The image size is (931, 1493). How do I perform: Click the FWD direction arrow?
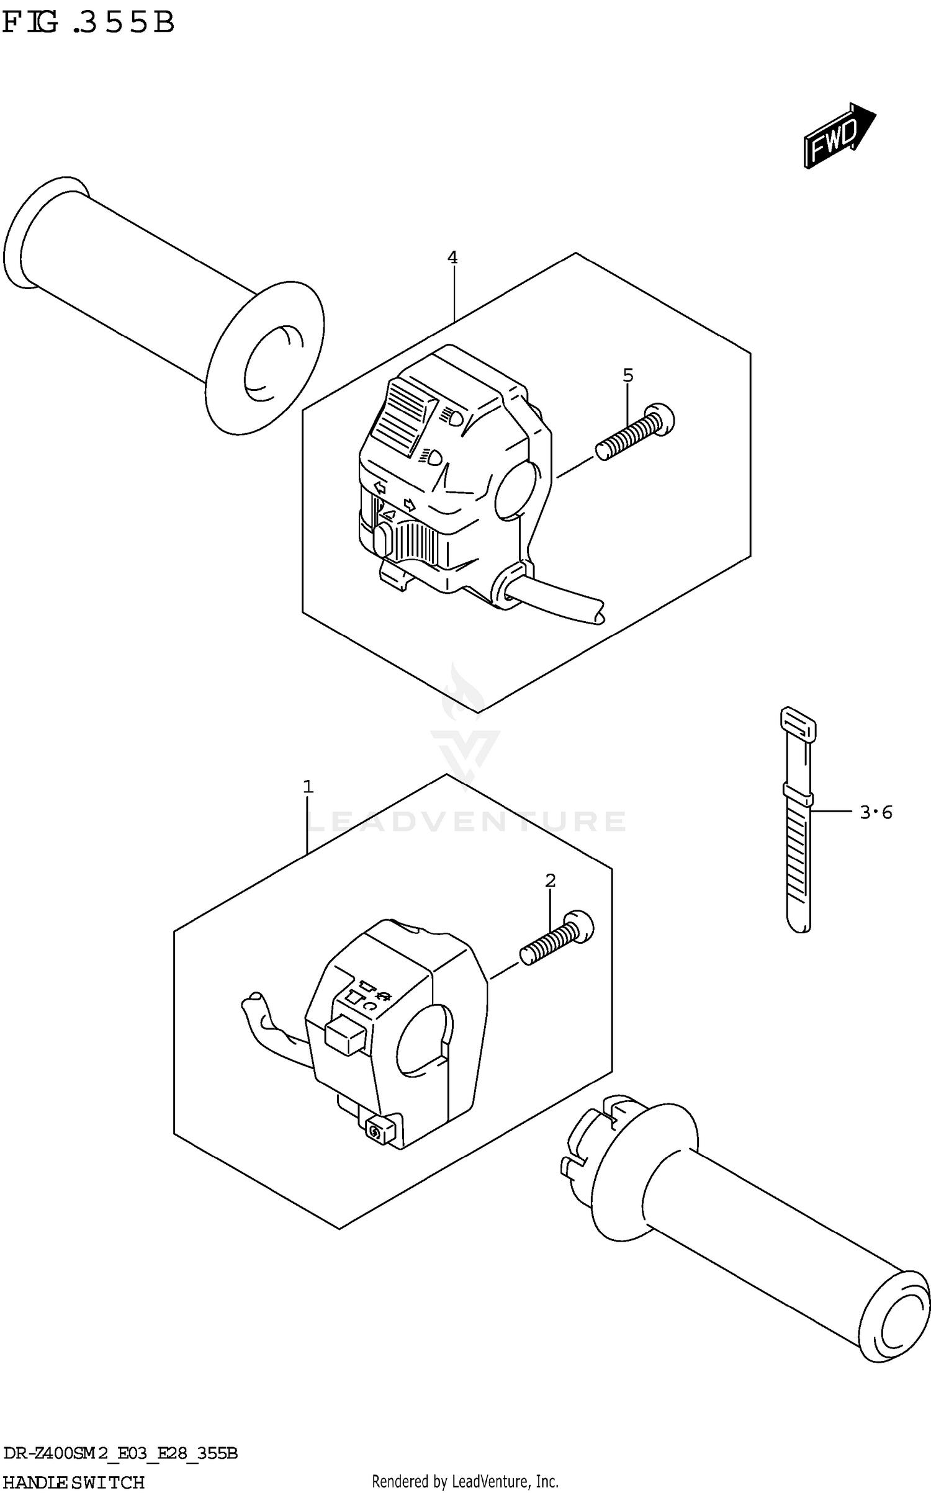[x=838, y=135]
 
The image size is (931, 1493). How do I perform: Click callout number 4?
[x=452, y=257]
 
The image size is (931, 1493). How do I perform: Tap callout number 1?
[x=308, y=787]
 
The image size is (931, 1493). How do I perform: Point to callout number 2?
[x=550, y=880]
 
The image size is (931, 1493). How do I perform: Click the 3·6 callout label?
[x=875, y=812]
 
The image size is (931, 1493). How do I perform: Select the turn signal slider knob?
[x=382, y=539]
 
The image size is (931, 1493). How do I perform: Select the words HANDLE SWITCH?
[x=73, y=1482]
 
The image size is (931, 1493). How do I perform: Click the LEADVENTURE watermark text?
[x=465, y=821]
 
